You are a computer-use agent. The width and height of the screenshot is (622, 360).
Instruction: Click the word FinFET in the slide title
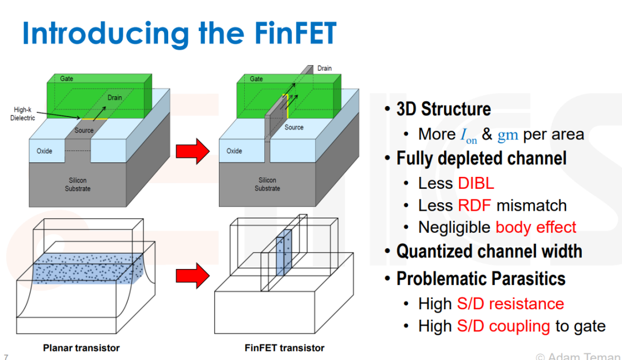click(295, 33)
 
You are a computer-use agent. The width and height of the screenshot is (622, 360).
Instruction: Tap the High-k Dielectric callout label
click(22, 113)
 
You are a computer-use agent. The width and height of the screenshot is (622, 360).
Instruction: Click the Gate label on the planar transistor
click(67, 78)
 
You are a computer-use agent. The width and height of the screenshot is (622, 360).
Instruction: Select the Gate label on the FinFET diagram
click(256, 79)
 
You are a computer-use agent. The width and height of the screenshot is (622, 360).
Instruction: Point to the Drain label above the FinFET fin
click(324, 69)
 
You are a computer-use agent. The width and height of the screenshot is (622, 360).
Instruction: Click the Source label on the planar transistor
click(84, 130)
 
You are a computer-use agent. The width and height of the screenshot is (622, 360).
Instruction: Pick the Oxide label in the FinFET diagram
click(234, 151)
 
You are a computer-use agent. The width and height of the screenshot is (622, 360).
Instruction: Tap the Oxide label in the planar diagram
click(44, 151)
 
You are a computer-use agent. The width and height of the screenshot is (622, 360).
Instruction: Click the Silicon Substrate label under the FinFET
click(267, 184)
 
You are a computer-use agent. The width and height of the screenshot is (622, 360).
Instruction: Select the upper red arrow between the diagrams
click(193, 151)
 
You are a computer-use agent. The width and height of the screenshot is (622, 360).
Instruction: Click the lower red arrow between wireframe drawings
click(193, 275)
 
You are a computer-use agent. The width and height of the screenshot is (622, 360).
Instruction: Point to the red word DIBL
click(476, 183)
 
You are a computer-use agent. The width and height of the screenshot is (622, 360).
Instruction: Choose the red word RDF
click(475, 206)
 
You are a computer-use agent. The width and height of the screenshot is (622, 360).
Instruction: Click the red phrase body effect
click(536, 228)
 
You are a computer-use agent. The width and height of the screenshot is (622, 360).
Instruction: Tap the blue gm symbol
click(508, 135)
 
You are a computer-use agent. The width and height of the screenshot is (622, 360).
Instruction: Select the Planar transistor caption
click(81, 348)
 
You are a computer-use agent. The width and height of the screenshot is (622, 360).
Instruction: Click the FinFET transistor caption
click(285, 348)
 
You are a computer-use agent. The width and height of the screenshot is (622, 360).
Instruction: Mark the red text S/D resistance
click(510, 304)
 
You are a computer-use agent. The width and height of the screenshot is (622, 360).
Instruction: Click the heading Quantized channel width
click(489, 251)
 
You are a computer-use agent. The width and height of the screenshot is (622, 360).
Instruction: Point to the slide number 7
click(6, 357)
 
